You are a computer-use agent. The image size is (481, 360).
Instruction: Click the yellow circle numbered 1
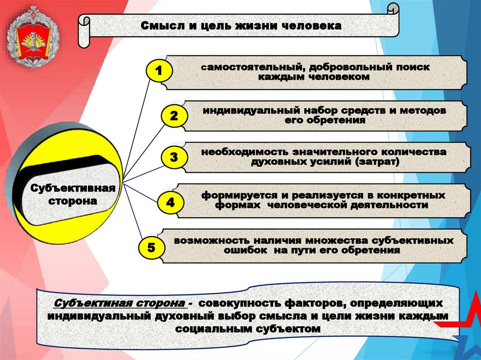point(158,71)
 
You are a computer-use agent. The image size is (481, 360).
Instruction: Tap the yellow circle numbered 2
point(174,116)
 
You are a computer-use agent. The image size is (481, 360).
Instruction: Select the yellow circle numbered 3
point(174,158)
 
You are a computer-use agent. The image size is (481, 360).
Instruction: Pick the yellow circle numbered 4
point(170,203)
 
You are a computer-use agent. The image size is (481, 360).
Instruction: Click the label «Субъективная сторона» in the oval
point(73,194)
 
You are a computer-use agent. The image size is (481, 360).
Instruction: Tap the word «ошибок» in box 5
point(240,251)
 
